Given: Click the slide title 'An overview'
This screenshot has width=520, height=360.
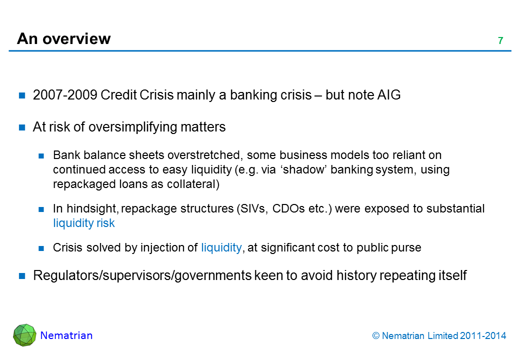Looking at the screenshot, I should [64, 38].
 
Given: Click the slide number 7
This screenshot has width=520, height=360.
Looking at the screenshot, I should [500, 41].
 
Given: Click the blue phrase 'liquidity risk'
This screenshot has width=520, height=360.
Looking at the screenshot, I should [83, 223].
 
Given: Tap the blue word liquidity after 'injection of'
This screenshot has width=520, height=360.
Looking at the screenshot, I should [221, 247].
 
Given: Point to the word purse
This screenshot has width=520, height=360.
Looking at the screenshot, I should [407, 247].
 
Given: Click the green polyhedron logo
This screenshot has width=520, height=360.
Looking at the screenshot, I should [25, 335].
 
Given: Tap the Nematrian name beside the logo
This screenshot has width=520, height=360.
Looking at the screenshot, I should [66, 335].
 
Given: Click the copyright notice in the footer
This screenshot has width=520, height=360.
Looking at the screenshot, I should [439, 336].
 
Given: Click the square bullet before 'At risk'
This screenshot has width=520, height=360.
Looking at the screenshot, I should [22, 127].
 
